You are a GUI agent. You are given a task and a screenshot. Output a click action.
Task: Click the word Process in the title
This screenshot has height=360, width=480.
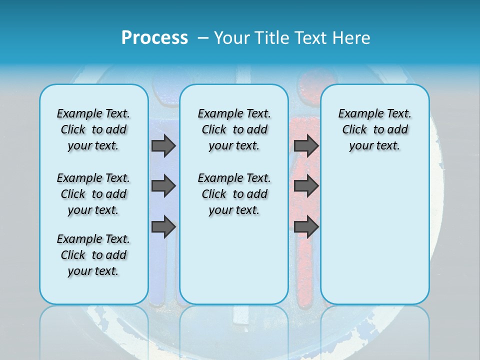pos(154,37)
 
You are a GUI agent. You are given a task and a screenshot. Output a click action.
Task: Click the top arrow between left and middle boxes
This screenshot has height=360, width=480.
pos(163,145)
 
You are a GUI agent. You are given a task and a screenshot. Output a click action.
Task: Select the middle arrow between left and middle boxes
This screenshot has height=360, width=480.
pos(163,186)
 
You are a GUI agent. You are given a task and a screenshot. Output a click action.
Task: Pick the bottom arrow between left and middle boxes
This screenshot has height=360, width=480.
pos(163,227)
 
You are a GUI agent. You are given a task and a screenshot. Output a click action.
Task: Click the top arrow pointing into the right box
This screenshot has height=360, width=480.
pos(306,145)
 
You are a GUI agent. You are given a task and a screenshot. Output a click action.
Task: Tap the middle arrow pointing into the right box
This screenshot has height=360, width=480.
pos(306,186)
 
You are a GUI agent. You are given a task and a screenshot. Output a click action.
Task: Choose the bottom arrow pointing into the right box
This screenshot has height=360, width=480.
pos(306,227)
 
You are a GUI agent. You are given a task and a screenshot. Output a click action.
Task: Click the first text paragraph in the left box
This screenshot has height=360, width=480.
pos(93,129)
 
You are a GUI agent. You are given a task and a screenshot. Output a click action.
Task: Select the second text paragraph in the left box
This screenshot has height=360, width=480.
pos(93,194)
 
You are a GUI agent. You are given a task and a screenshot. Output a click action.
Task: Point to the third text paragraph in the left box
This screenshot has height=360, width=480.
pos(93,255)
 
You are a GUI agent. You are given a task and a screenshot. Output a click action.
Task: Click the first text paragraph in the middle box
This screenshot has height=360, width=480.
pos(234,129)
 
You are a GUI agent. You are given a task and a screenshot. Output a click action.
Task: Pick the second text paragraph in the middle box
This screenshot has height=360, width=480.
pos(234,194)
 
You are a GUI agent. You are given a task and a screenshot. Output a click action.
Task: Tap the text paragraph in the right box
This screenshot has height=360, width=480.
pos(374,129)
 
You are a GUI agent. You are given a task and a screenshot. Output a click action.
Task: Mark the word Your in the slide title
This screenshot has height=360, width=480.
pos(231,37)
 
